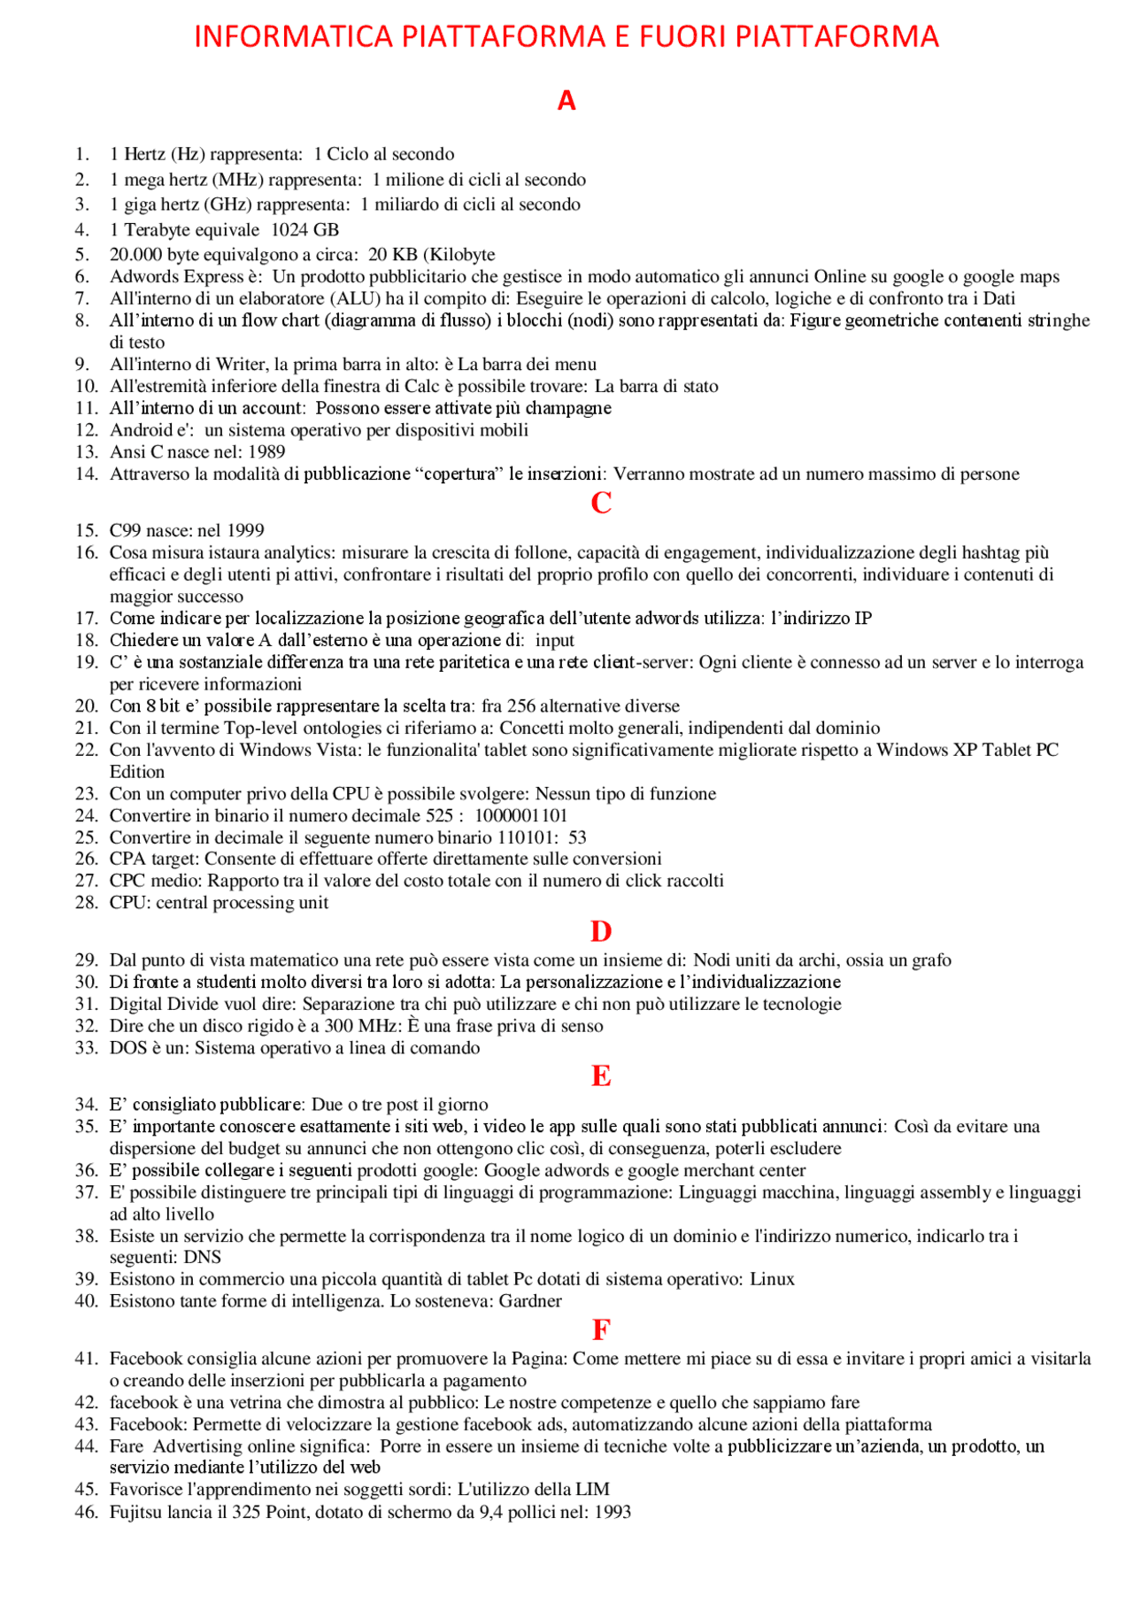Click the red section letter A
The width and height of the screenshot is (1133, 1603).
coord(566,101)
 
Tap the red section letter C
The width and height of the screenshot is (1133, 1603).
coord(601,503)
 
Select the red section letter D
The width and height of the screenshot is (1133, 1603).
coord(601,932)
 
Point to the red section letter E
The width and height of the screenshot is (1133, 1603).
coord(601,1076)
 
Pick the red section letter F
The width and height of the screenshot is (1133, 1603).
coord(601,1330)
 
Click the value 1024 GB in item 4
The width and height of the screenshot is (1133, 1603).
coord(304,230)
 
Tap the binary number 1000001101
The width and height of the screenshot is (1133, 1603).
coord(520,815)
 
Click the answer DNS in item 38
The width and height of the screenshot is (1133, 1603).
coord(203,1257)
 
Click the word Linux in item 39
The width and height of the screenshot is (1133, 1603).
coord(772,1279)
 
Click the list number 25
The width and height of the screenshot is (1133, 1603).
coord(86,837)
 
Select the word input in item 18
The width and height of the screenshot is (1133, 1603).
coord(555,640)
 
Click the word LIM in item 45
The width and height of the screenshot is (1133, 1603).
coord(592,1490)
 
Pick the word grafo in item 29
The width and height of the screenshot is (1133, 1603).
coord(929,960)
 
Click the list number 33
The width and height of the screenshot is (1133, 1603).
coord(86,1048)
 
